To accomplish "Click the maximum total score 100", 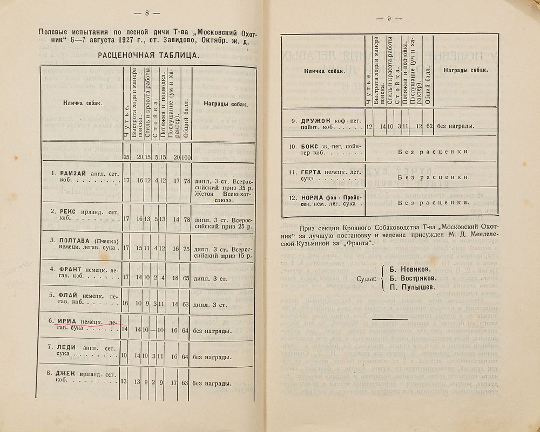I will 185,157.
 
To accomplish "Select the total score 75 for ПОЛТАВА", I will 185,249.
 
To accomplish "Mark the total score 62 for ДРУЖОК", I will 429,127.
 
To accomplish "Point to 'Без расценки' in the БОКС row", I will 432,152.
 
